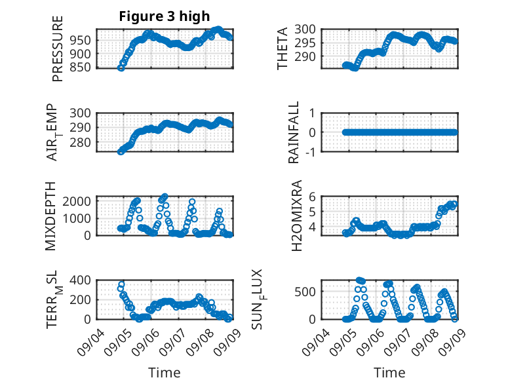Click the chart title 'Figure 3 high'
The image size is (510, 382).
pos(165,17)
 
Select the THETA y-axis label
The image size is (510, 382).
pos(283,48)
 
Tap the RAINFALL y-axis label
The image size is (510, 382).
pos(294,132)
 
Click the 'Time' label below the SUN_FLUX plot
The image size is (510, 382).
pos(389,372)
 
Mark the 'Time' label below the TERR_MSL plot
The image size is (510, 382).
pos(164,372)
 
